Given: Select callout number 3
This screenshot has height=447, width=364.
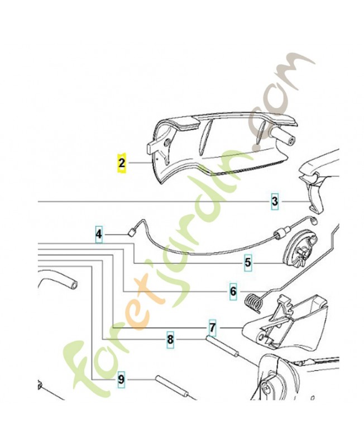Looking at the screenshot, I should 274,201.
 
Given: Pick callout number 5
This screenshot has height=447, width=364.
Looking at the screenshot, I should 247,261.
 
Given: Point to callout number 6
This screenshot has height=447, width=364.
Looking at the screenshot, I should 233,291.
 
